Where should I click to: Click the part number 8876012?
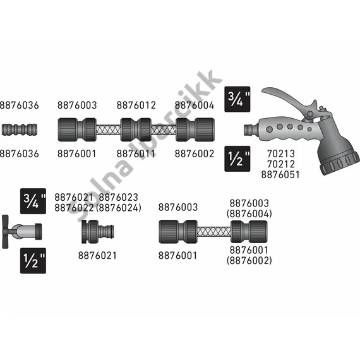(x=136, y=105)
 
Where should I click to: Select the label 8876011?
(x=136, y=153)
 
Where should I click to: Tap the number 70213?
(x=281, y=153)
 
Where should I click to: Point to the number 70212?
(x=281, y=164)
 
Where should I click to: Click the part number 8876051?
(x=280, y=175)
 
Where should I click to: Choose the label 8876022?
(x=74, y=208)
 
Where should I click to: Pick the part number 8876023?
(x=119, y=198)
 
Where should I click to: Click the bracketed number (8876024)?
(x=119, y=208)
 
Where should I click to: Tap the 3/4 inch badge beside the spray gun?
(x=237, y=99)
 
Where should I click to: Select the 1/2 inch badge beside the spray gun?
(x=237, y=159)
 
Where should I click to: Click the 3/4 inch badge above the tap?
(x=33, y=201)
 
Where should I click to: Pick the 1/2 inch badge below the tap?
(x=33, y=261)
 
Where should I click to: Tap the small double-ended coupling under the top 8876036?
(x=20, y=129)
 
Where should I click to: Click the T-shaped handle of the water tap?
(x=5, y=231)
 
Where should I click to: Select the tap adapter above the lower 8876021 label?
(x=97, y=231)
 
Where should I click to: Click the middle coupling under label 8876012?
(x=136, y=129)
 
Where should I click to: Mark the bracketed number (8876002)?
(x=249, y=261)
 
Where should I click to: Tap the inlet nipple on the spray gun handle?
(x=248, y=129)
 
